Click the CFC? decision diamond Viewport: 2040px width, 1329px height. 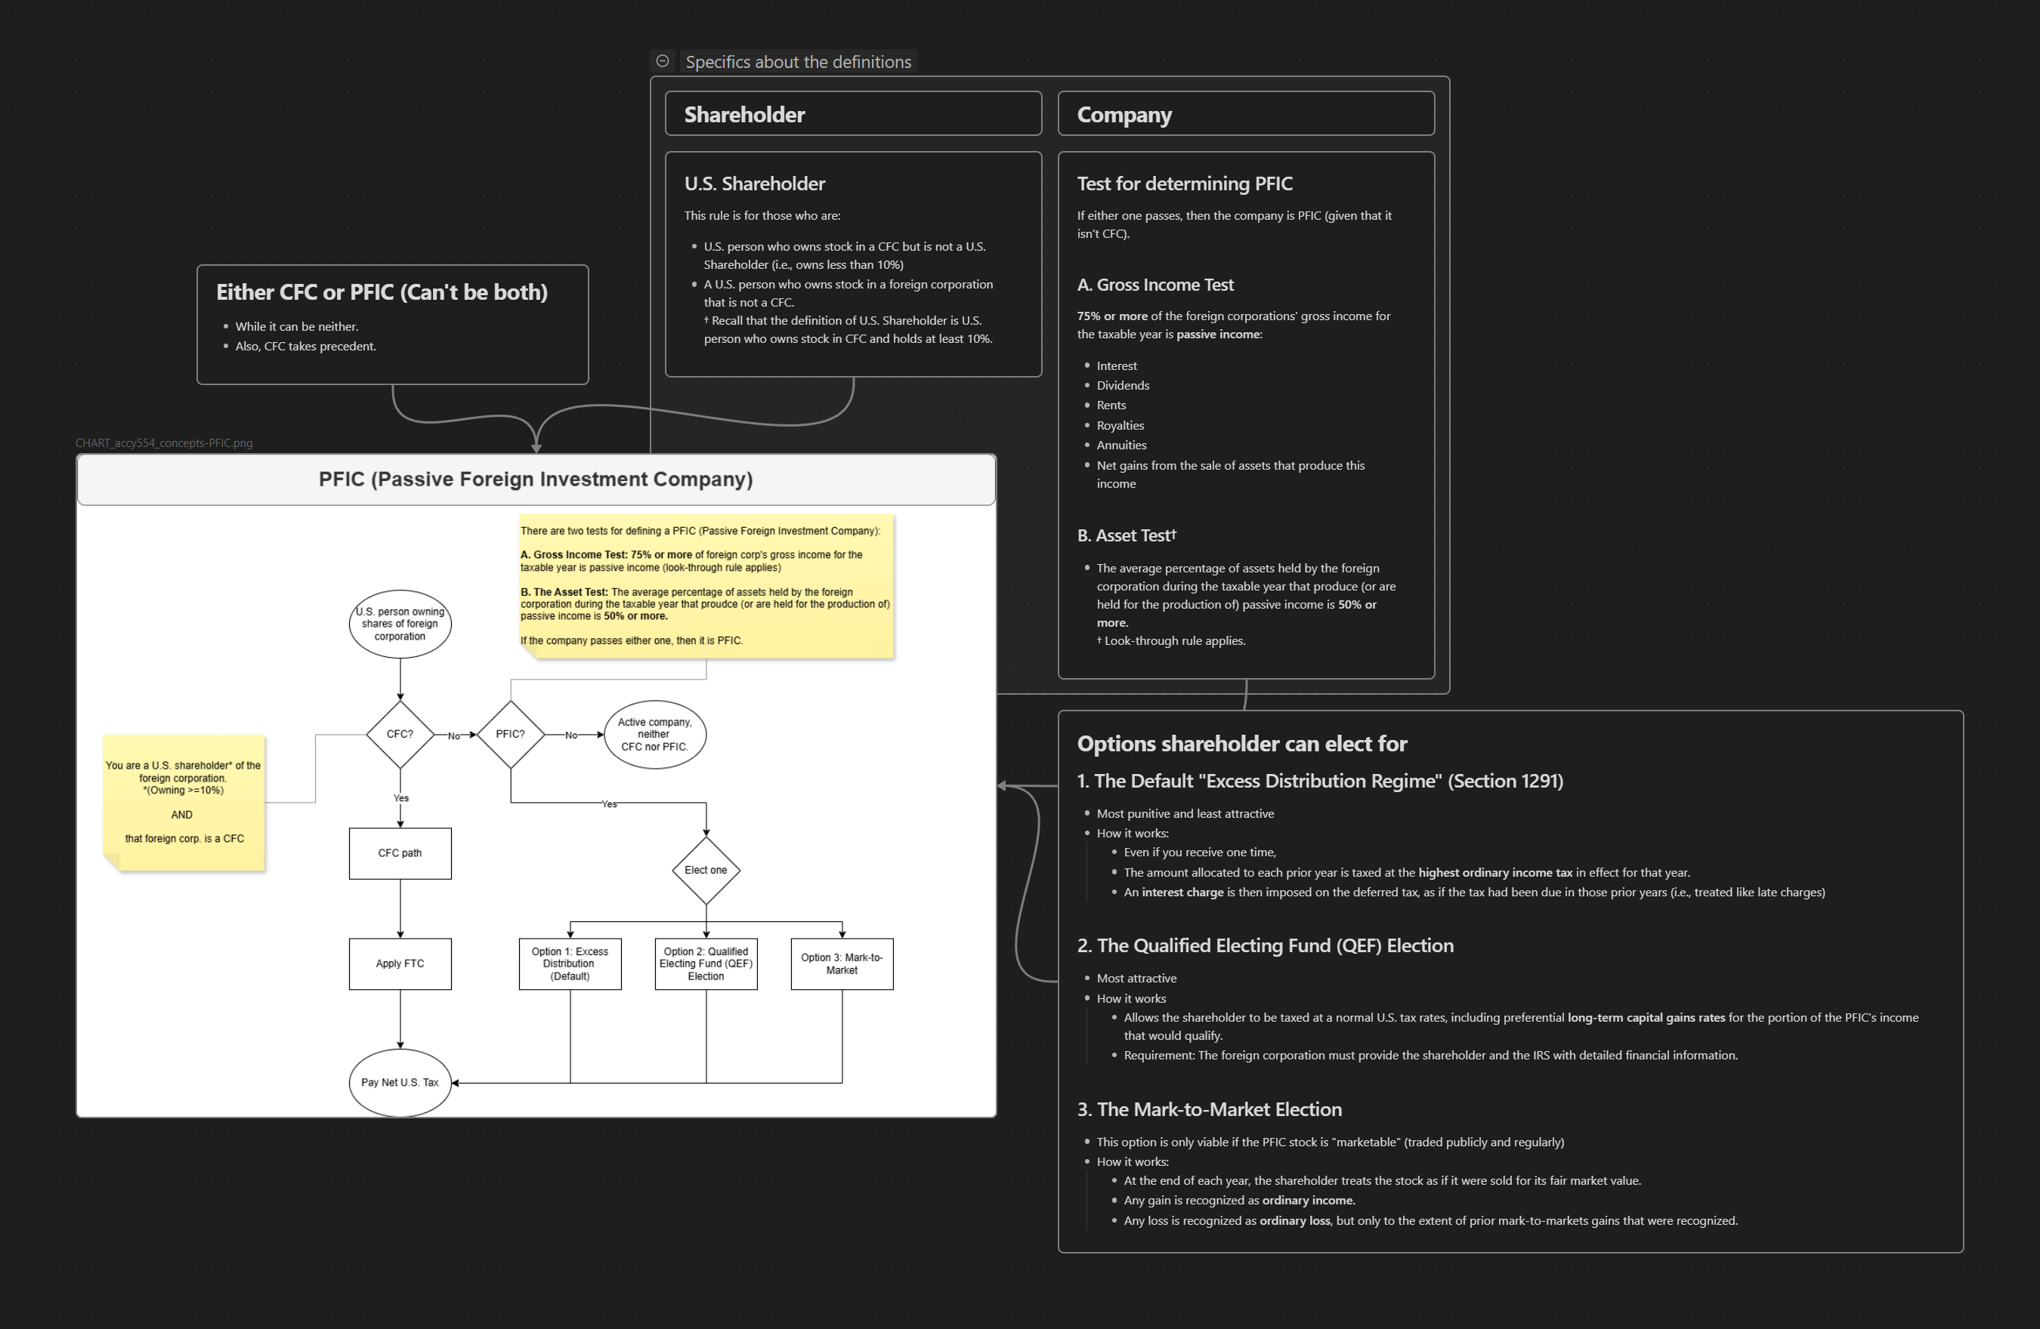[x=400, y=734]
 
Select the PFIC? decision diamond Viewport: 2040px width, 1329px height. [x=510, y=734]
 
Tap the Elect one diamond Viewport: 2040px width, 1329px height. [x=706, y=871]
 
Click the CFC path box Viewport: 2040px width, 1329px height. [x=400, y=853]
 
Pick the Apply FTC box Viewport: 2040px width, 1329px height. [x=400, y=964]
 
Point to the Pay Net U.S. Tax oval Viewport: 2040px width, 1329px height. [x=400, y=1083]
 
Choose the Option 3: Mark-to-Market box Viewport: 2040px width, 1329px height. [x=842, y=964]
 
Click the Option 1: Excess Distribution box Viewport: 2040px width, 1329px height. [x=570, y=964]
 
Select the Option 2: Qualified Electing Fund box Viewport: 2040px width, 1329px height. [x=706, y=964]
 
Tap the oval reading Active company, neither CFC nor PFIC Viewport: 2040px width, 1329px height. [x=655, y=734]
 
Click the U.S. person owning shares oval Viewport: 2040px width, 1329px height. [x=400, y=624]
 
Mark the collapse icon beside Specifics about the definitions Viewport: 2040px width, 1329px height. [x=663, y=61]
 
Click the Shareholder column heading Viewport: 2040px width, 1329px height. [x=744, y=115]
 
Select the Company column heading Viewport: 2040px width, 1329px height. [x=1124, y=115]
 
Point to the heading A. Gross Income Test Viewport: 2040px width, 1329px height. [x=1154, y=285]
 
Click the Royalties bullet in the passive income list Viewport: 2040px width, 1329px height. [x=1120, y=426]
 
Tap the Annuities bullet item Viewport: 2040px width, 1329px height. [x=1121, y=446]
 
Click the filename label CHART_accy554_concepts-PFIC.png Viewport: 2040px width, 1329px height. [x=164, y=443]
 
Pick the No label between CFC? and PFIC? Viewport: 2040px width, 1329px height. [x=454, y=736]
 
